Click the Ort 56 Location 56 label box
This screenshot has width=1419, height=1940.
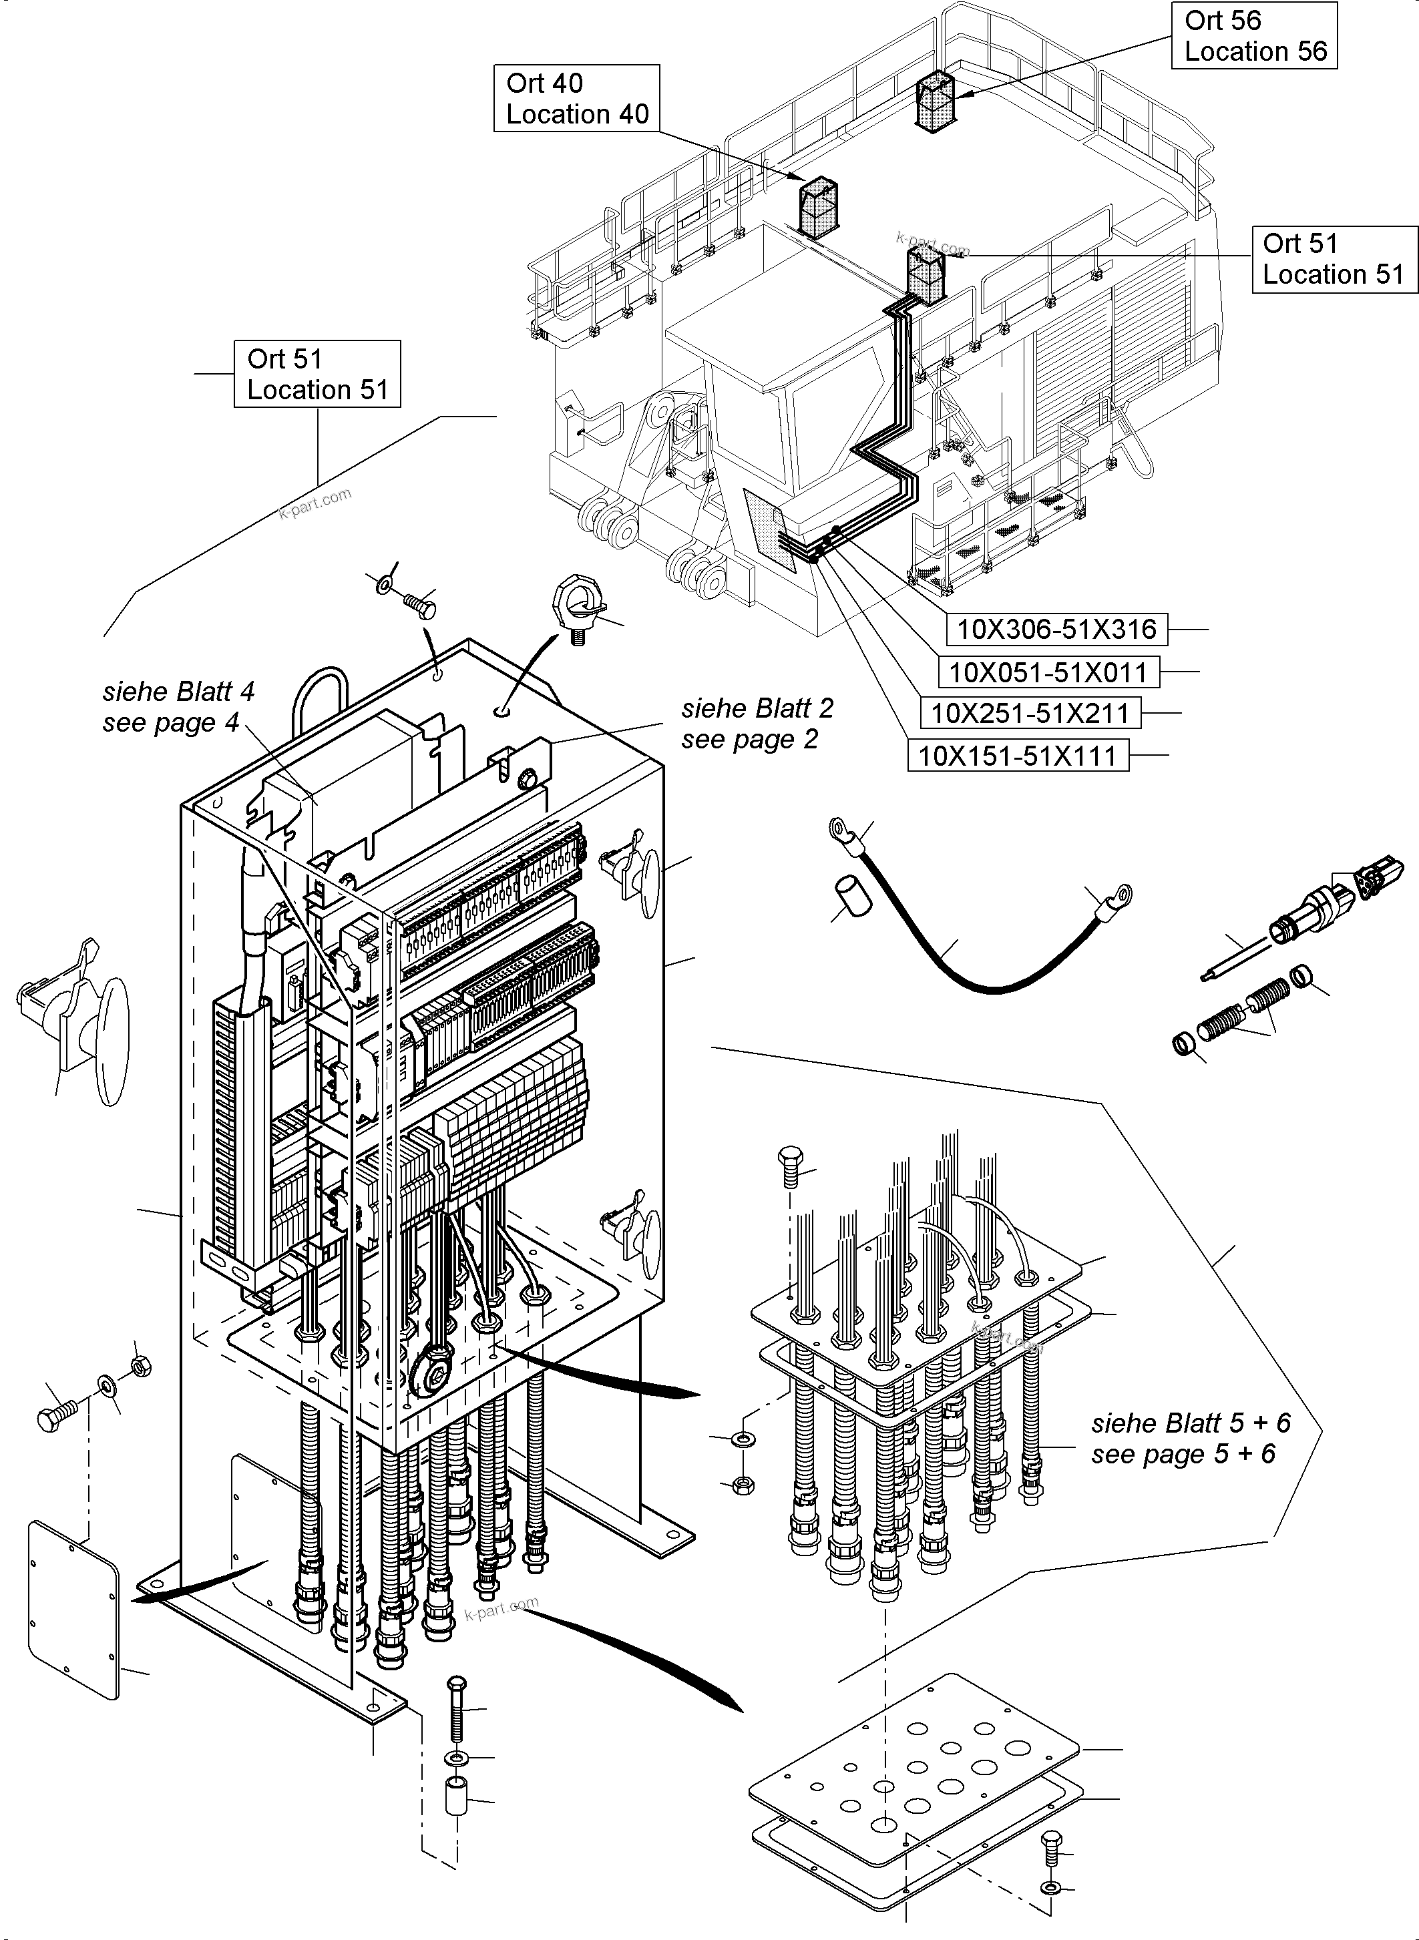point(1253,35)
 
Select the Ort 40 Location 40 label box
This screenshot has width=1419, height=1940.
point(576,98)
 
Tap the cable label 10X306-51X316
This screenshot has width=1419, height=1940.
point(1056,630)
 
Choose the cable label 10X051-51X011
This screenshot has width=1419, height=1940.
point(1047,672)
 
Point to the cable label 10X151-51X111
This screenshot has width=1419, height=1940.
point(1017,756)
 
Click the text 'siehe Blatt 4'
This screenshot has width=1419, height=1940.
point(179,692)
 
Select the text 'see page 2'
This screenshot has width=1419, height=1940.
point(749,740)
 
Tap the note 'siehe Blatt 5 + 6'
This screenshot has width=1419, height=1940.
point(1191,1423)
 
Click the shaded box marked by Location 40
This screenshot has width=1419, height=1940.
point(819,208)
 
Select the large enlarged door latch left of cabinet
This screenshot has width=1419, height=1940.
point(77,1022)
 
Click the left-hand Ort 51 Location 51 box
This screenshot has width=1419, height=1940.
point(317,374)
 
